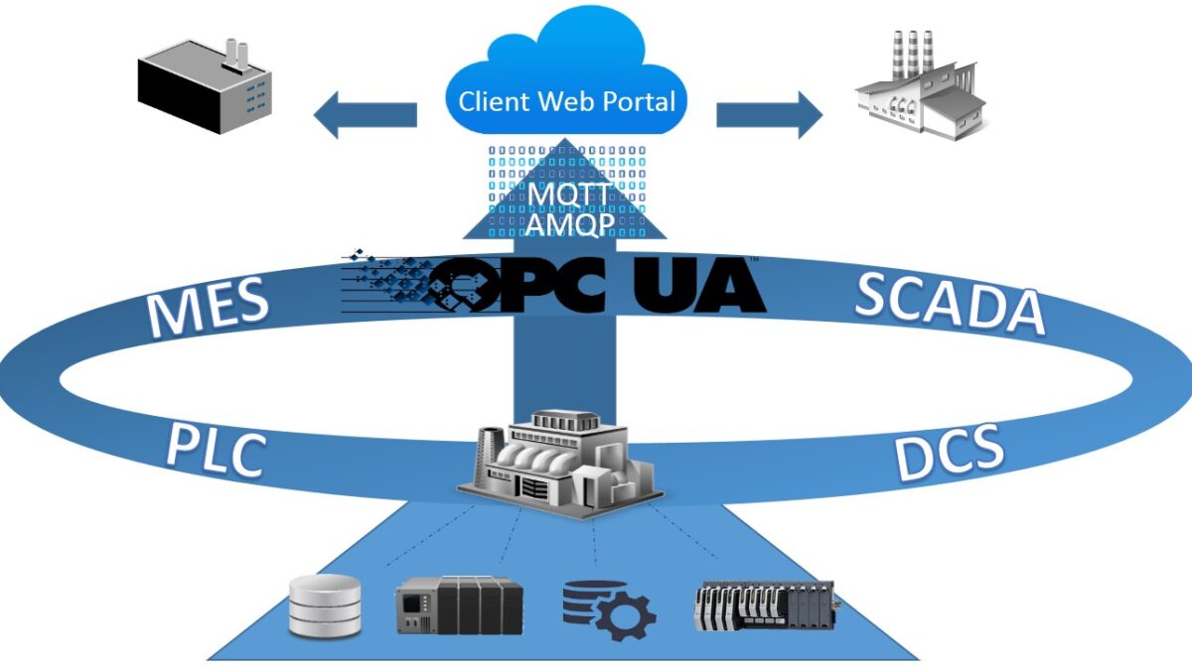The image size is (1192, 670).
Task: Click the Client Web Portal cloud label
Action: (566, 101)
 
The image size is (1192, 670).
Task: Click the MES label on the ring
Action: (208, 305)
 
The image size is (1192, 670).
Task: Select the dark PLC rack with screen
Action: (459, 605)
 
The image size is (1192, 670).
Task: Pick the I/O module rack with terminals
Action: (763, 605)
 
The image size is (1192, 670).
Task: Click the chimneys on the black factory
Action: (235, 53)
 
